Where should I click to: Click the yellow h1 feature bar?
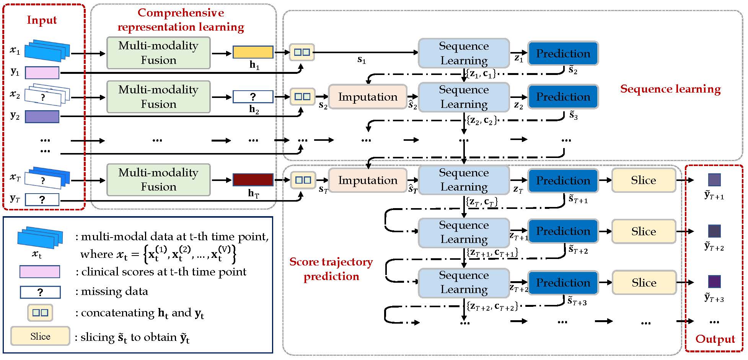(253, 52)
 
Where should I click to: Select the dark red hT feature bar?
(253, 179)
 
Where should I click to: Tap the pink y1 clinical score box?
(42, 72)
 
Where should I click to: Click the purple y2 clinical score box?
(42, 116)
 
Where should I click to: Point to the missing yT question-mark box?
(42, 199)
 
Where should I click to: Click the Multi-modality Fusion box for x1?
(158, 53)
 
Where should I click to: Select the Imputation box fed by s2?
(368, 97)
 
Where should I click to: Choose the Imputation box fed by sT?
(368, 180)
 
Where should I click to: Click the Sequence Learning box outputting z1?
(464, 53)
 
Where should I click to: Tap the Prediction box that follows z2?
(563, 97)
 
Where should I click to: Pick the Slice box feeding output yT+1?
(644, 180)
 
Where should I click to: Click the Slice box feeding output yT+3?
(644, 283)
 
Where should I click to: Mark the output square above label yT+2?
(714, 231)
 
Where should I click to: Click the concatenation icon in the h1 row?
(302, 52)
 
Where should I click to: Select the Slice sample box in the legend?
(40, 336)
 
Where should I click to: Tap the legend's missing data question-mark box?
(40, 292)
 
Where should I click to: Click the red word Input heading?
(42, 20)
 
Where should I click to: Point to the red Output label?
(715, 339)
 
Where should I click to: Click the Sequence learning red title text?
(670, 89)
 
